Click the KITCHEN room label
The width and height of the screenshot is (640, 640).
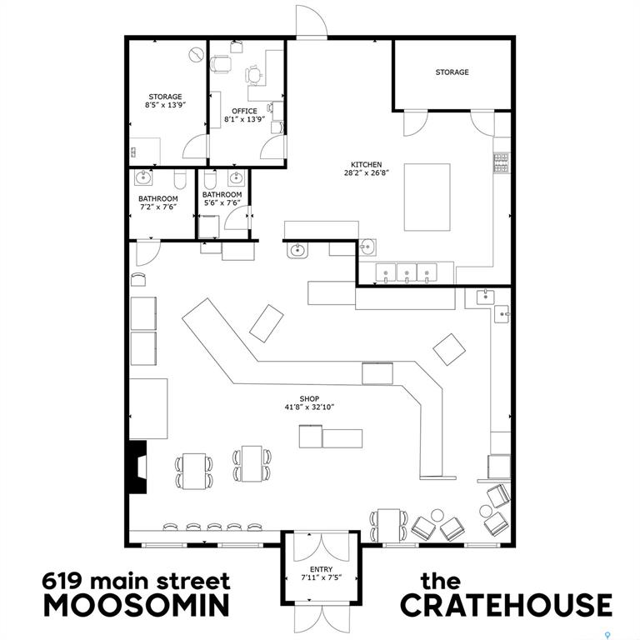pyautogui.click(x=366, y=164)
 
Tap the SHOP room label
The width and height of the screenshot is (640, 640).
pyautogui.click(x=309, y=399)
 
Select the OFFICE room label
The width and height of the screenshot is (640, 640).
pyautogui.click(x=244, y=111)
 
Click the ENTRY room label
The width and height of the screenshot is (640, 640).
pyautogui.click(x=321, y=569)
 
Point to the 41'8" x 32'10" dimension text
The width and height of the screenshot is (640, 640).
pyautogui.click(x=309, y=407)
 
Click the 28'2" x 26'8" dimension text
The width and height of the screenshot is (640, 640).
pyautogui.click(x=366, y=172)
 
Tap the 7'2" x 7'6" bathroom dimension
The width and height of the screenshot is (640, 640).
pyautogui.click(x=158, y=207)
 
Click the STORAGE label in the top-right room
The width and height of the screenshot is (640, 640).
pyautogui.click(x=452, y=72)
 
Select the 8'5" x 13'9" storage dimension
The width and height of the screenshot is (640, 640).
pyautogui.click(x=165, y=105)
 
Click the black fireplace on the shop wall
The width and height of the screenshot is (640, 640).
pyautogui.click(x=137, y=467)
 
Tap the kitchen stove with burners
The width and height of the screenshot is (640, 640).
pyautogui.click(x=501, y=162)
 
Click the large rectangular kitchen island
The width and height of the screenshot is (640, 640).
pyautogui.click(x=427, y=197)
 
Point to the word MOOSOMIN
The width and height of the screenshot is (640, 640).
pyautogui.click(x=137, y=605)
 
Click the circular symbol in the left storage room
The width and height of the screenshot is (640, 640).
pyautogui.click(x=197, y=55)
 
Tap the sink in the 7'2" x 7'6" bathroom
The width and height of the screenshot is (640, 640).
pyautogui.click(x=143, y=177)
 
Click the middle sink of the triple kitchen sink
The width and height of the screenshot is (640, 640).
pyautogui.click(x=407, y=272)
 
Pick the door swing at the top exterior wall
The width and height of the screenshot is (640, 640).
pyautogui.click(x=312, y=21)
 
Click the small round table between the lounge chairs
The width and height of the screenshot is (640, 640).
pyautogui.click(x=437, y=515)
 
